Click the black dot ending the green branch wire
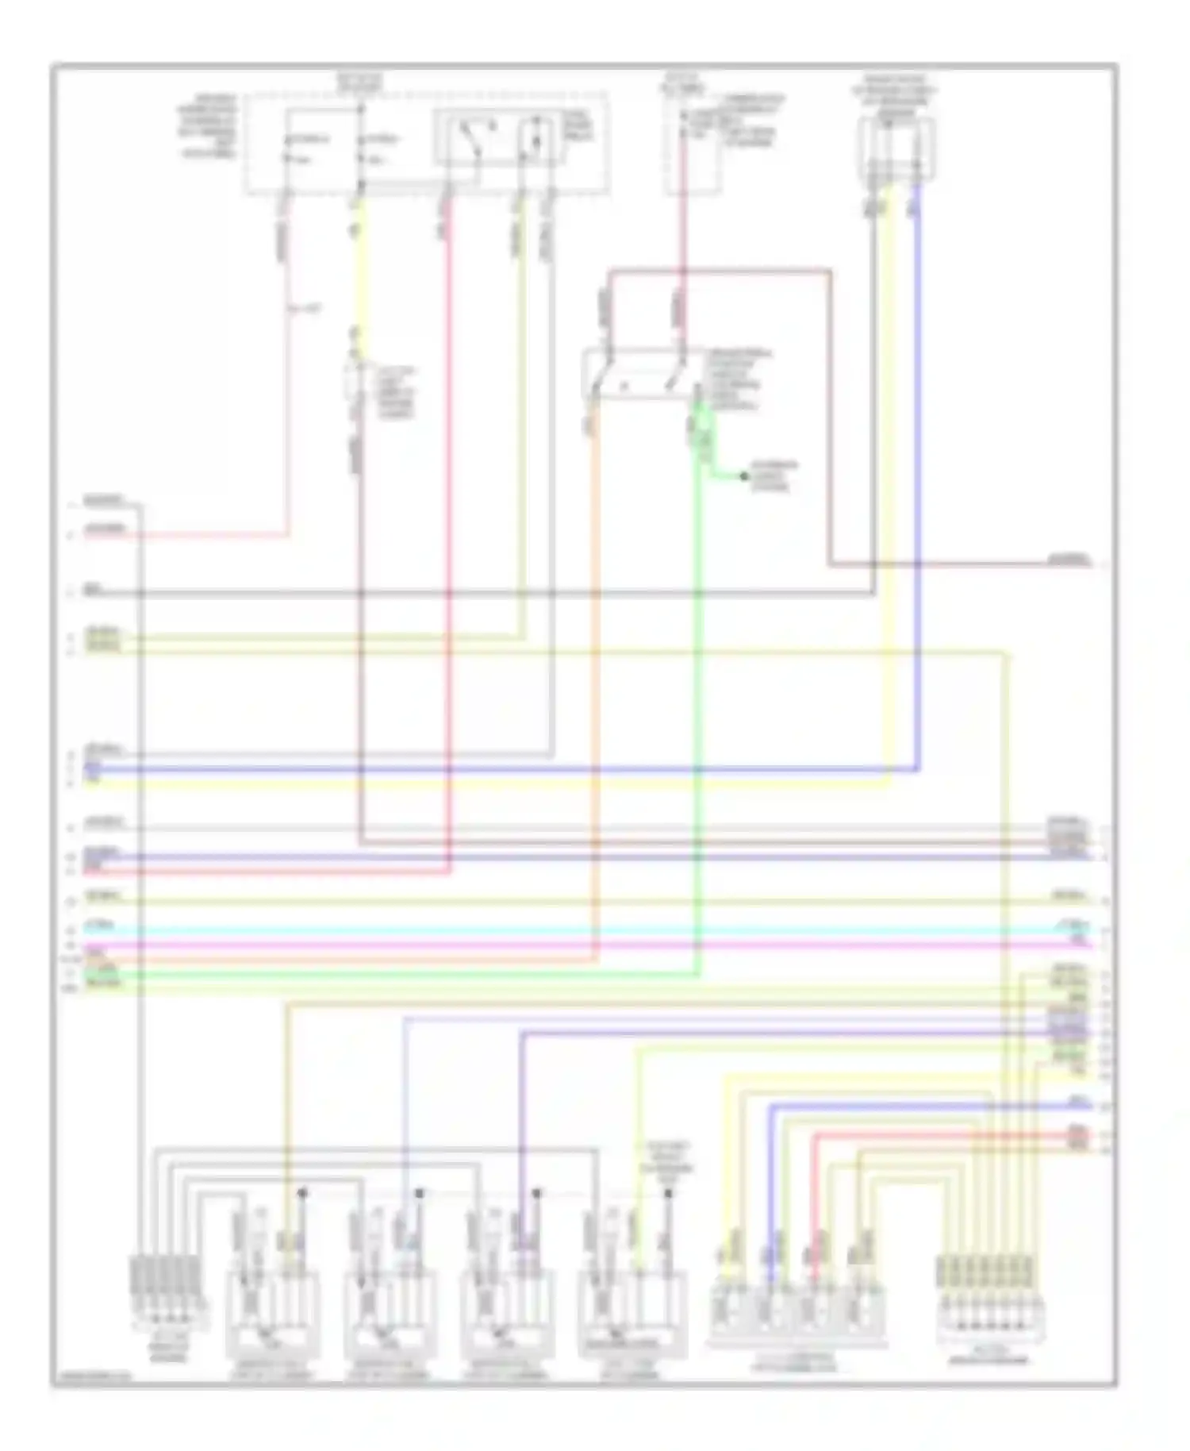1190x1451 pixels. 743,476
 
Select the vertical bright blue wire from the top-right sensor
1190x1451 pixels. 918,476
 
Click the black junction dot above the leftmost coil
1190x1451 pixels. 301,1192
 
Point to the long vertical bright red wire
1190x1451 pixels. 449,556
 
